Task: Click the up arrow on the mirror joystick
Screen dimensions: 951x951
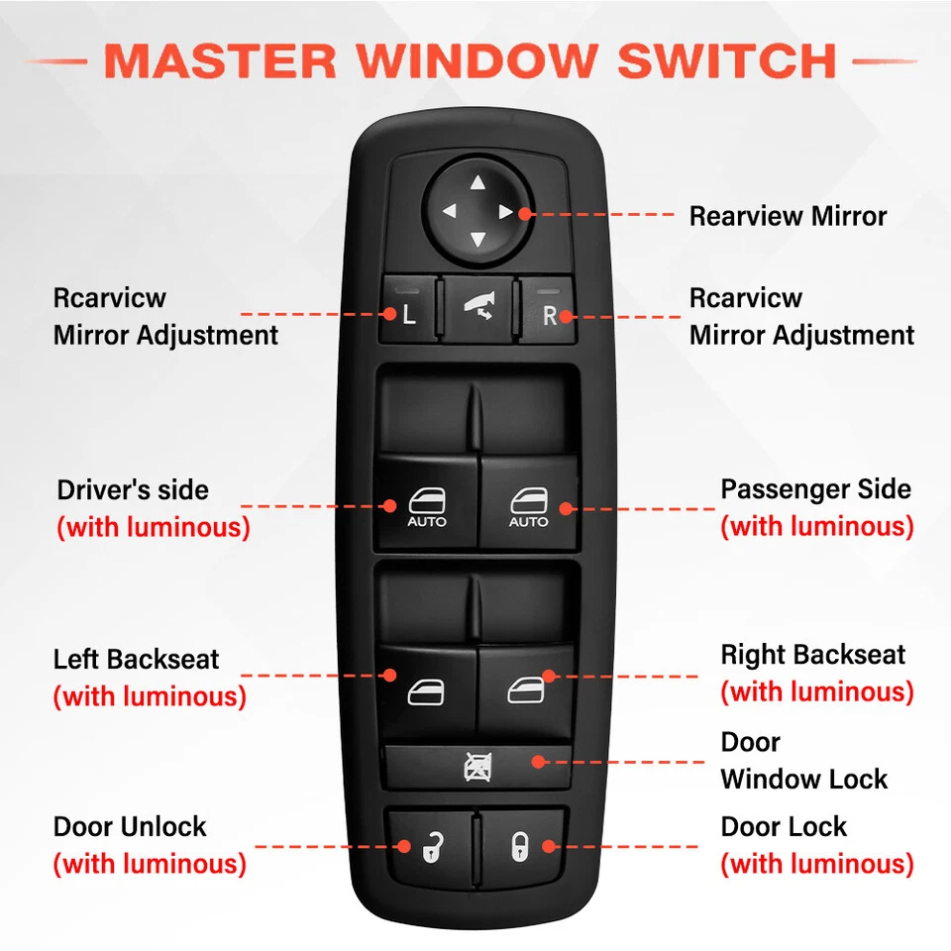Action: pyautogui.click(x=477, y=182)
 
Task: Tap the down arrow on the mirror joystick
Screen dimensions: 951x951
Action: pyautogui.click(x=477, y=240)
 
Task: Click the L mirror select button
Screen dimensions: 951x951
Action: pyautogui.click(x=408, y=315)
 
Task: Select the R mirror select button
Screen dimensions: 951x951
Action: pyautogui.click(x=549, y=315)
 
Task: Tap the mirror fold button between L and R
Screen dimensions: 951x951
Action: pyautogui.click(x=478, y=309)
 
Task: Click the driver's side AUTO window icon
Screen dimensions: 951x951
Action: pyautogui.click(x=427, y=506)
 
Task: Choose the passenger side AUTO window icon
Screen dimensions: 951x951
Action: pyautogui.click(x=528, y=506)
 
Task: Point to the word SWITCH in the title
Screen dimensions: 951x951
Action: pyautogui.click(x=727, y=60)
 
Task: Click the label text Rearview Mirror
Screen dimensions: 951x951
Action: pyautogui.click(x=788, y=216)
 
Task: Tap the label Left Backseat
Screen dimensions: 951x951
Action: pyautogui.click(x=136, y=659)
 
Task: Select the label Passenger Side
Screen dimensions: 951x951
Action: pyautogui.click(x=815, y=489)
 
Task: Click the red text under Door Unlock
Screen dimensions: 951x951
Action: pyautogui.click(x=149, y=864)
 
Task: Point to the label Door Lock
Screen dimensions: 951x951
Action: pyautogui.click(x=784, y=826)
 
